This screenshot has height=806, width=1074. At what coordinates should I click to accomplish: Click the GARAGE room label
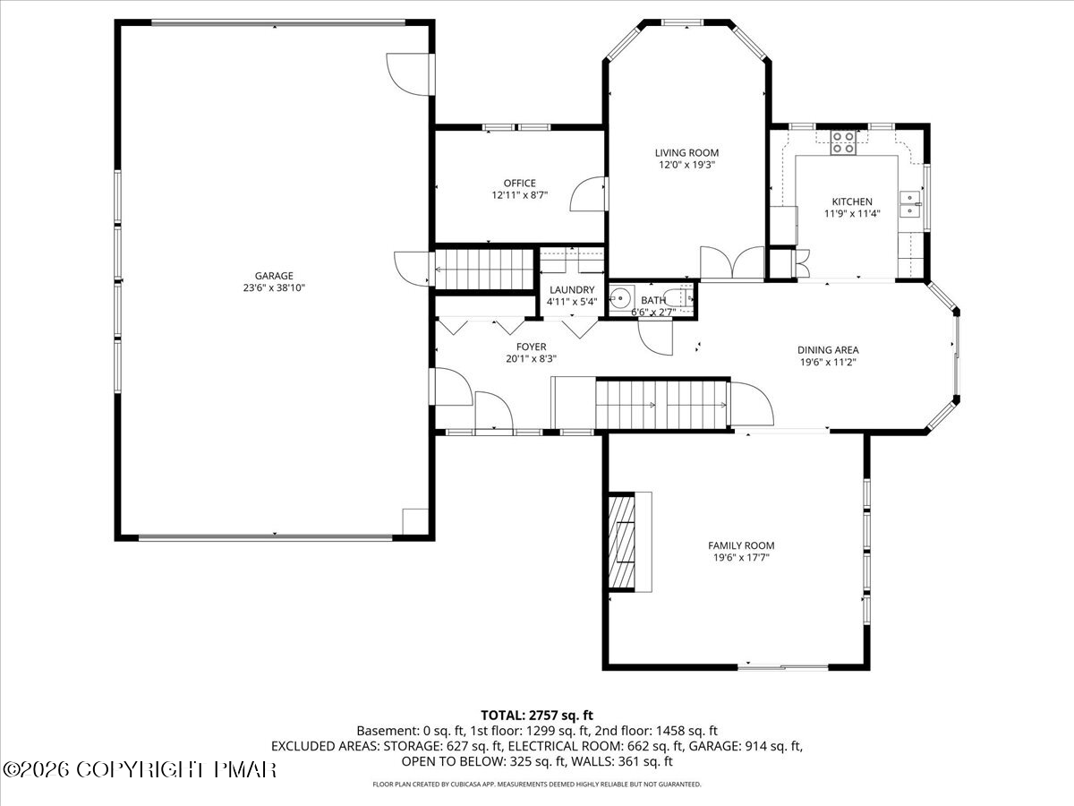coord(274,276)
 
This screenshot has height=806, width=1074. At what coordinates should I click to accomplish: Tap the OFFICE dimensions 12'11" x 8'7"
coord(519,195)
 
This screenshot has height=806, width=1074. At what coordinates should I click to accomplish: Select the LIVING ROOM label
coord(687,152)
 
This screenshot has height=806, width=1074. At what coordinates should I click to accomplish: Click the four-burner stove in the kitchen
coord(843,142)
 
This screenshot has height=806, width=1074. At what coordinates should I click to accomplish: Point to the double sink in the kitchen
coord(909,204)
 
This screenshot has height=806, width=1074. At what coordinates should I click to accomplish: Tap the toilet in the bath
coord(681,297)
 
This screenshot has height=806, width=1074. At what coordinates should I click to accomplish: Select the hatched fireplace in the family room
coord(621,542)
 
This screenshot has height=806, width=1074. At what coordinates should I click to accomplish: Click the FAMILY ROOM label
coord(741,545)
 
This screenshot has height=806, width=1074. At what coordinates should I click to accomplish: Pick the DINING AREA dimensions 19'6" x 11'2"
coord(828,362)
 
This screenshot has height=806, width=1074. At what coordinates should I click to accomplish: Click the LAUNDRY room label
coord(572,289)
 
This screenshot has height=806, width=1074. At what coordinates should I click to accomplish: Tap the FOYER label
coord(531,347)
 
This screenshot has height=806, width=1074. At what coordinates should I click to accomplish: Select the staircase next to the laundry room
coord(484,270)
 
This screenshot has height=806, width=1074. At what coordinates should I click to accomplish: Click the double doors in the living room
coord(732,262)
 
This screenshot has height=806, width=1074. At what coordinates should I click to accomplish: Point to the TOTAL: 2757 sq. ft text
coord(537,716)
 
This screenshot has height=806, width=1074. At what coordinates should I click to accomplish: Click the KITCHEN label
coord(852,201)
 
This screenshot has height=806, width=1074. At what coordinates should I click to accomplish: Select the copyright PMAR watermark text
coord(140,770)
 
